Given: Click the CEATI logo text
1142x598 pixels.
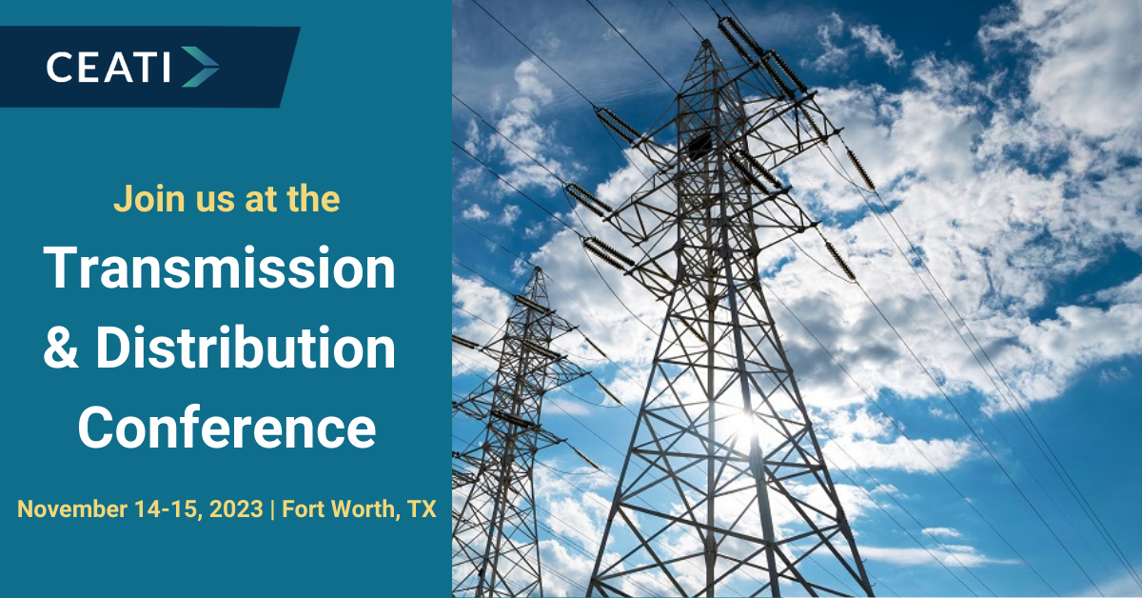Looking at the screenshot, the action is tap(108, 67).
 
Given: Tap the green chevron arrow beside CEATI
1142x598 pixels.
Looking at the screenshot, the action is tap(201, 67).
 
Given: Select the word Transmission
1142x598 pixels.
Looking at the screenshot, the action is tap(220, 268).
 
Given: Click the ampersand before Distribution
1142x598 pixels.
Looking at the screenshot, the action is tap(61, 347).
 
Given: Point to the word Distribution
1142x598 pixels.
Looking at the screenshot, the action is tap(246, 347).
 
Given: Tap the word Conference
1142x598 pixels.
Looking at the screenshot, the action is tap(226, 427).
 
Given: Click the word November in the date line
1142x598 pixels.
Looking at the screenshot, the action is tap(72, 508).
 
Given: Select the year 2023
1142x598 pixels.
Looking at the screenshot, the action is tap(236, 509).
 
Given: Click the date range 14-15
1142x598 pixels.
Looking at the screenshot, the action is tap(168, 509).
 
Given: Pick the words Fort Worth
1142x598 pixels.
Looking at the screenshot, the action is tap(338, 509).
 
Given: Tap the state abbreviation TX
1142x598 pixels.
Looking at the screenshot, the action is tap(422, 509).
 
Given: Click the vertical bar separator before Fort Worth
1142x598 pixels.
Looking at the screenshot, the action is tap(273, 509).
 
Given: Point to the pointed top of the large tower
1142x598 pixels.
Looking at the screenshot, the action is tap(706, 41).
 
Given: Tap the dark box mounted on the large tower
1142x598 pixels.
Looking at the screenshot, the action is tap(700, 144).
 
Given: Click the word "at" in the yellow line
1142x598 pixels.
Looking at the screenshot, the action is tap(259, 200).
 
